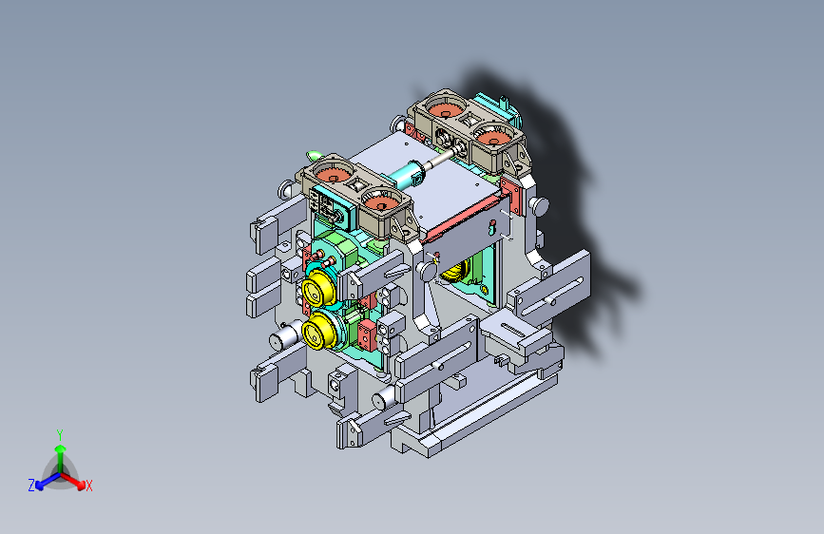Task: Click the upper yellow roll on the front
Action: point(318,289)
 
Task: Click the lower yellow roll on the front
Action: point(318,330)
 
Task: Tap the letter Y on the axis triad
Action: point(60,435)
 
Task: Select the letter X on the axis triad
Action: point(88,486)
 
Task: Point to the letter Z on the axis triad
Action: point(31,486)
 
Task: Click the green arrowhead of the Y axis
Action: point(61,448)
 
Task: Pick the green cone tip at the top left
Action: point(315,155)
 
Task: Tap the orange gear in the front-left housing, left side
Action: point(334,173)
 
